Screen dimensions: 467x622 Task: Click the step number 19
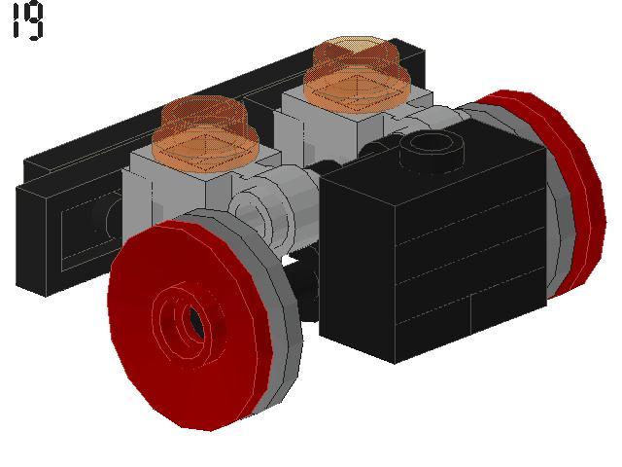(28, 22)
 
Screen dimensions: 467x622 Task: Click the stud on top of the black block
(432, 148)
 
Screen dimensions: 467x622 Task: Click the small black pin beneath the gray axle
(307, 287)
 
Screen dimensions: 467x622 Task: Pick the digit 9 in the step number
(35, 22)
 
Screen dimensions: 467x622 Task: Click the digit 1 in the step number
(17, 22)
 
